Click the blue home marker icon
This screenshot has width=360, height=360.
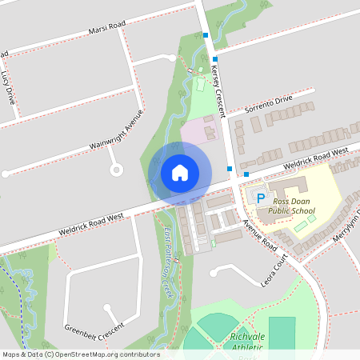click(x=180, y=173)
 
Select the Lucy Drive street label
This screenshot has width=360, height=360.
click(x=9, y=87)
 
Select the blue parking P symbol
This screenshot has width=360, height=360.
click(x=260, y=196)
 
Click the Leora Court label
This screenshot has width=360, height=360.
click(x=274, y=272)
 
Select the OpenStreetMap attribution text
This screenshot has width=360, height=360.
click(x=80, y=354)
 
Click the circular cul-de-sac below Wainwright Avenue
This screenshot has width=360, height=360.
click(x=117, y=170)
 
